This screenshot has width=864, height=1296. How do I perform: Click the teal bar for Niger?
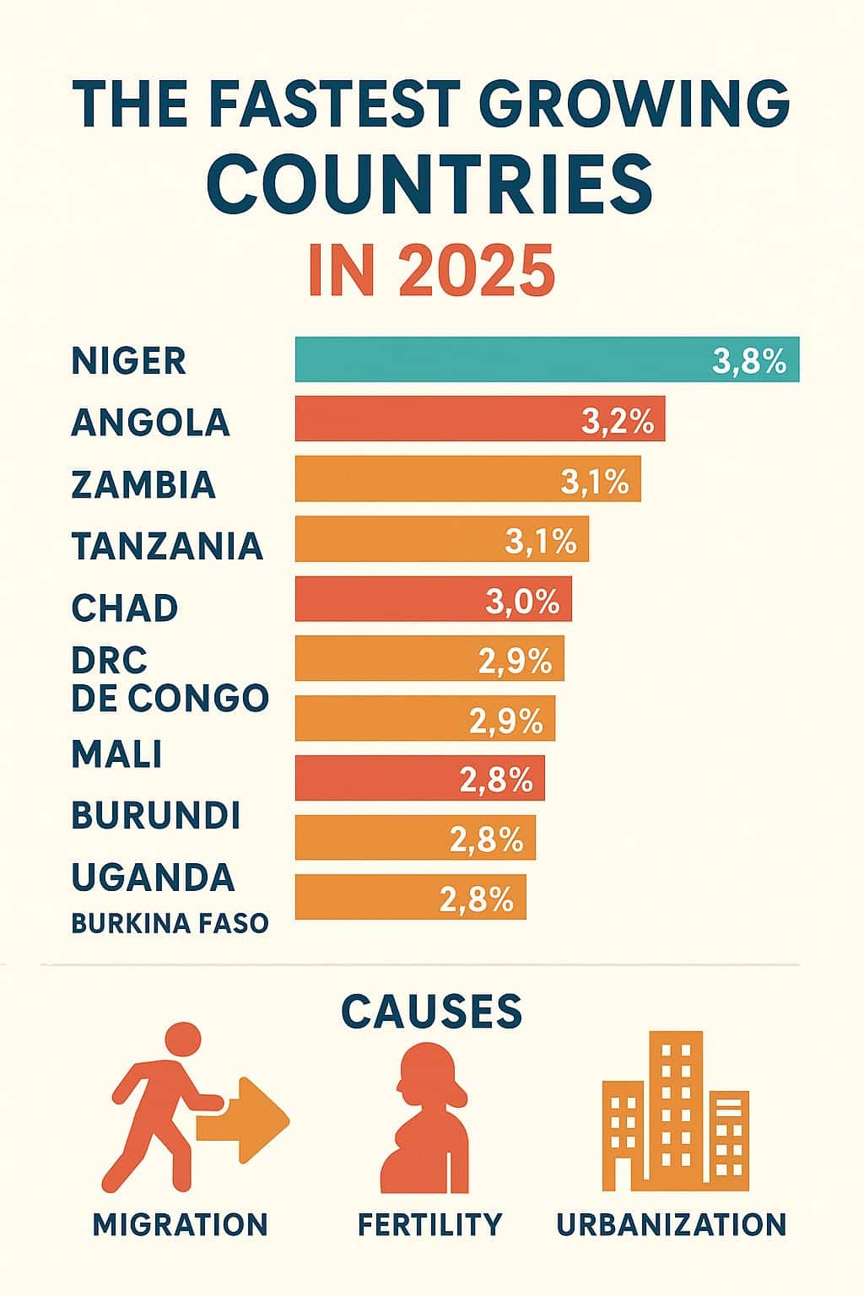pos(506,359)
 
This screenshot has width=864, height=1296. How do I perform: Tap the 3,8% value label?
pos(749,360)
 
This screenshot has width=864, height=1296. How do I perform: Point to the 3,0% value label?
pos(522,601)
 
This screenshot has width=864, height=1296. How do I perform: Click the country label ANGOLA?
pos(150,422)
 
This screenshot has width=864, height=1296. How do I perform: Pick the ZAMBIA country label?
pos(143,484)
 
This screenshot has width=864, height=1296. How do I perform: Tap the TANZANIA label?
pos(167,546)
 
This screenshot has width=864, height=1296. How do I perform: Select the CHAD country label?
pos(125,607)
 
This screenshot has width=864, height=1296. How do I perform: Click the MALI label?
pos(116,753)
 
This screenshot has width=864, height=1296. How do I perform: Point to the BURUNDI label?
pos(156,815)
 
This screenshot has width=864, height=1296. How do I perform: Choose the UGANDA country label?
pos(153,877)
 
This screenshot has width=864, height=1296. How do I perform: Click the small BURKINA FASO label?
pos(170,923)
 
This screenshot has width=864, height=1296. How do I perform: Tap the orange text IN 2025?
pos(431,271)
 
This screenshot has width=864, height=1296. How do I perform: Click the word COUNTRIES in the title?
pos(430,183)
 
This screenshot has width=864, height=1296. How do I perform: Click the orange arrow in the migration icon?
pos(249,1120)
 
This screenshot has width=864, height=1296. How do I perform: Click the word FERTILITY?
pos(429,1223)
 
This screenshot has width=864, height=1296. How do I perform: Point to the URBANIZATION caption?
pos(672,1223)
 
